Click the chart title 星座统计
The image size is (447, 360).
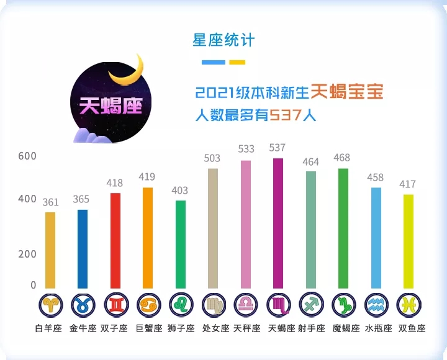[223, 40]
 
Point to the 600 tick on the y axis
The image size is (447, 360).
[27, 156]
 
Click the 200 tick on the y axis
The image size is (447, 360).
[27, 254]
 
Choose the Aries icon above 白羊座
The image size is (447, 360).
[50, 305]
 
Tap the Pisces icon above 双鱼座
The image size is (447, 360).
[408, 305]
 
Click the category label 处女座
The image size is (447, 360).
[214, 328]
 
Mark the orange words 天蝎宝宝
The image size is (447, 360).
[347, 92]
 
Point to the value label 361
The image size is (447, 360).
[50, 202]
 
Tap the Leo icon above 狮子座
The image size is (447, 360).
[181, 305]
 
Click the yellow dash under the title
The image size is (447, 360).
[237, 62]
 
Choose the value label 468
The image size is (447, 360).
[342, 158]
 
